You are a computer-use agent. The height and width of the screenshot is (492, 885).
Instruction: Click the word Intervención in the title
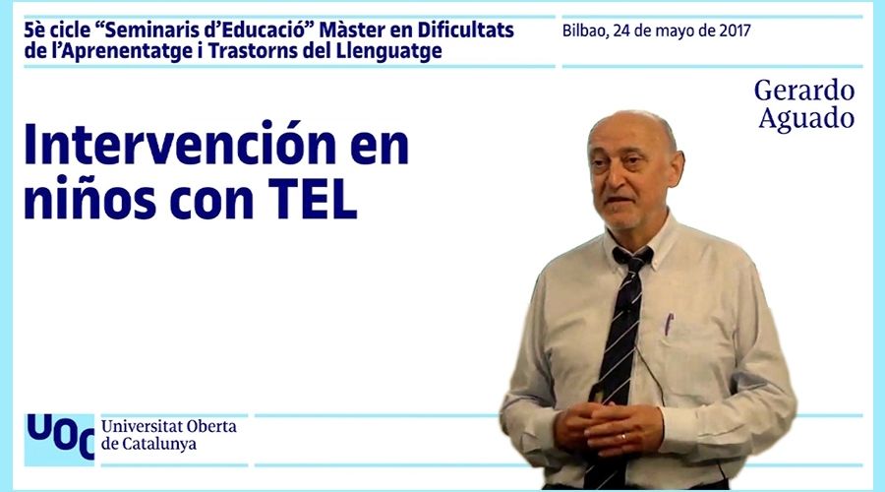point(180,144)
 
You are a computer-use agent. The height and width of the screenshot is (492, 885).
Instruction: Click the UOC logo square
point(59,440)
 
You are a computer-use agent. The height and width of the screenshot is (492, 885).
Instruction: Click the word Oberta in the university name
point(211,426)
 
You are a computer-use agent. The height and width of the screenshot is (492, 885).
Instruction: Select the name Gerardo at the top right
point(804,92)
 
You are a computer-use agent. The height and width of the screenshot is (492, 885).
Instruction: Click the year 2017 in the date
point(735,31)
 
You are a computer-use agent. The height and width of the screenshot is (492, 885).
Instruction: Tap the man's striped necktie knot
point(632,261)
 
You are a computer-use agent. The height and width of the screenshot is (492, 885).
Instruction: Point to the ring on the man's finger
point(623,437)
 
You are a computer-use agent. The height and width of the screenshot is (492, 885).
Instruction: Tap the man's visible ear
point(675,168)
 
